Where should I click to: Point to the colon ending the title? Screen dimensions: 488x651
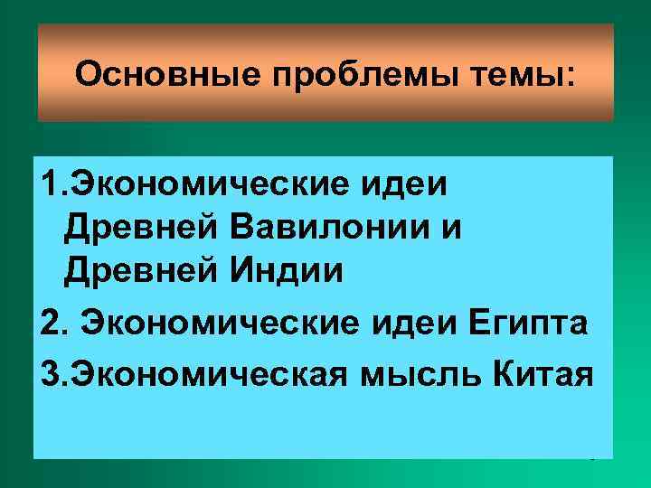[x=570, y=76]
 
